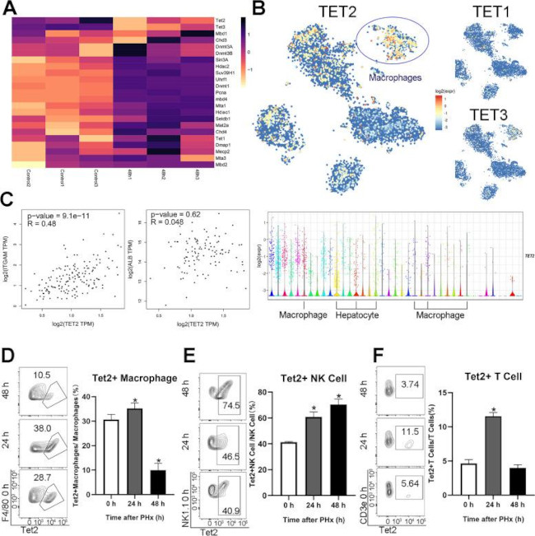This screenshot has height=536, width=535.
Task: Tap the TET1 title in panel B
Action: click(x=494, y=12)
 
